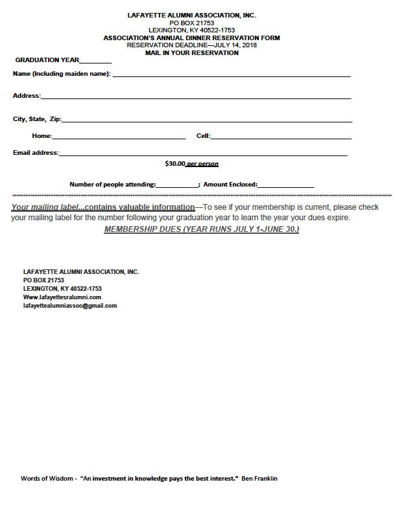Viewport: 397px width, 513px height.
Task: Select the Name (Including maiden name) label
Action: tap(62, 74)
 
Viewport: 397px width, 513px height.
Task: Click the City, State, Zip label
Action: tap(37, 119)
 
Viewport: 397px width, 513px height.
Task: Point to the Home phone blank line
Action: tap(119, 138)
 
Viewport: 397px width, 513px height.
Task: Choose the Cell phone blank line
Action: tap(281, 138)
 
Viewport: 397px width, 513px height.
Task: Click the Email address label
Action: tap(36, 153)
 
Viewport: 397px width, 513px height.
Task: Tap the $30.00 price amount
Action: tap(175, 164)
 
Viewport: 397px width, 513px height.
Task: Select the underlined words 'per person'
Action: tap(202, 164)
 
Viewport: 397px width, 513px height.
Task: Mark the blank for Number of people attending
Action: tap(177, 187)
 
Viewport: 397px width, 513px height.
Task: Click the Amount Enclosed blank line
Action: tap(285, 187)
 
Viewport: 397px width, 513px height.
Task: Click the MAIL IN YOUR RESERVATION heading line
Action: tap(192, 53)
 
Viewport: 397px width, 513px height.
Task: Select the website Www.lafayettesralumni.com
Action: tap(62, 297)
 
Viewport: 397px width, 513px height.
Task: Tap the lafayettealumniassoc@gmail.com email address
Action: tap(70, 306)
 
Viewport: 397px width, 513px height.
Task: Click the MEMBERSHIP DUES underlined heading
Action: tap(201, 230)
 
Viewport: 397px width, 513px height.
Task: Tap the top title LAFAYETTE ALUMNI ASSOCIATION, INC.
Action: tap(192, 14)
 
